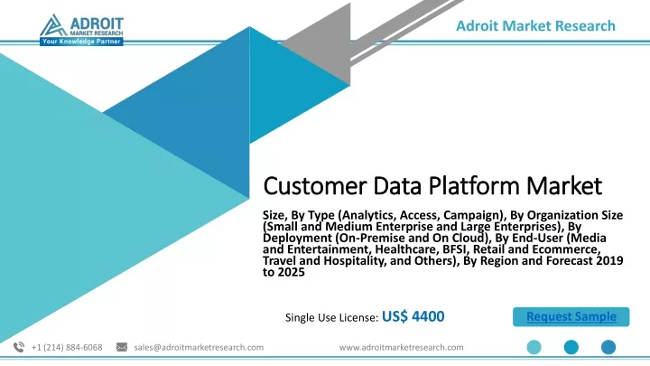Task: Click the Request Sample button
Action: pyautogui.click(x=571, y=316)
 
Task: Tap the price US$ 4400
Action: pyautogui.click(x=413, y=316)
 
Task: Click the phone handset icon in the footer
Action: pyautogui.click(x=19, y=347)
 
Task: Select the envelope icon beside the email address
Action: pyautogui.click(x=122, y=347)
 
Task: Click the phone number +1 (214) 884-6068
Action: pyautogui.click(x=67, y=347)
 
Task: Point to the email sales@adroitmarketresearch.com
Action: pyautogui.click(x=199, y=347)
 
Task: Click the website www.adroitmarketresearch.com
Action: pyautogui.click(x=401, y=347)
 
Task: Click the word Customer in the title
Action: pyautogui.click(x=315, y=185)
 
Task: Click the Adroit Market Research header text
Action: pyautogui.click(x=535, y=25)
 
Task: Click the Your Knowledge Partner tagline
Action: pyautogui.click(x=81, y=42)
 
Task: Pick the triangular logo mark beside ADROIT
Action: pyautogui.click(x=53, y=25)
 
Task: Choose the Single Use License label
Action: pyautogui.click(x=331, y=317)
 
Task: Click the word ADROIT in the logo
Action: pyautogui.click(x=97, y=23)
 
